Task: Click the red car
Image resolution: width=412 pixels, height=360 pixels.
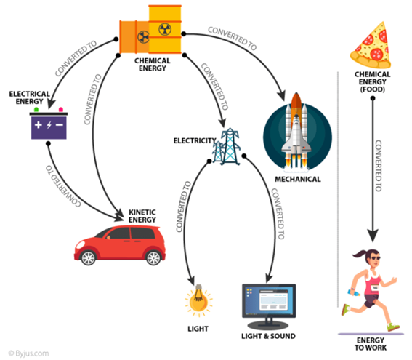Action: [119, 245]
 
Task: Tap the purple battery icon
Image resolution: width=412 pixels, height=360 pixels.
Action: [48, 125]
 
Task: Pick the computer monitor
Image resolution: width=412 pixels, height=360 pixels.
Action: [269, 305]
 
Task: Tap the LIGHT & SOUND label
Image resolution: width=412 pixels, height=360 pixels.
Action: [270, 337]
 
